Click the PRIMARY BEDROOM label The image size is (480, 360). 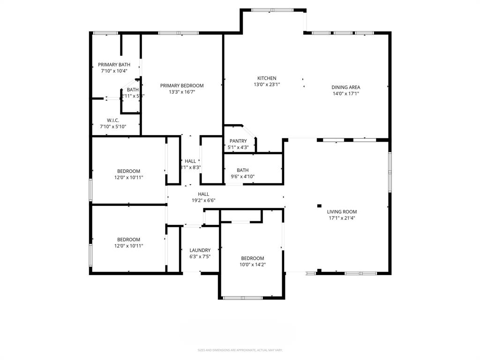182,86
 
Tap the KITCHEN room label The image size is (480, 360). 267,78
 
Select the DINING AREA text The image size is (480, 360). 345,87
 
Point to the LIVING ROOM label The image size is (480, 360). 342,212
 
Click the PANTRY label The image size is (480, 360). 238,141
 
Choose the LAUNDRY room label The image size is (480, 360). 200,250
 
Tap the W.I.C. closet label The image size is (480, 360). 113,120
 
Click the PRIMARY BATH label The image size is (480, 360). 114,65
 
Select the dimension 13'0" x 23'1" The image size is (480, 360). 267,85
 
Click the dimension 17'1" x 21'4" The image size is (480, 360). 342,218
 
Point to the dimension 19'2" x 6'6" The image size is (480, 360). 203,201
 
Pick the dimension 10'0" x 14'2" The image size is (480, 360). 253,265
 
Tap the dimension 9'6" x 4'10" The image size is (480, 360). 242,177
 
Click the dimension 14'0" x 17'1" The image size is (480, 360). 345,94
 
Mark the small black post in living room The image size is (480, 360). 319,205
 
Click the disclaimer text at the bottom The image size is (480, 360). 240,350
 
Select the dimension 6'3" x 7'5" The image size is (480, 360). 200,257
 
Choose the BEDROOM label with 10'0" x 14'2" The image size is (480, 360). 253,258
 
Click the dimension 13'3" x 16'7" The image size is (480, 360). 182,92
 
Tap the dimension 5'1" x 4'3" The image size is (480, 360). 238,148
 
